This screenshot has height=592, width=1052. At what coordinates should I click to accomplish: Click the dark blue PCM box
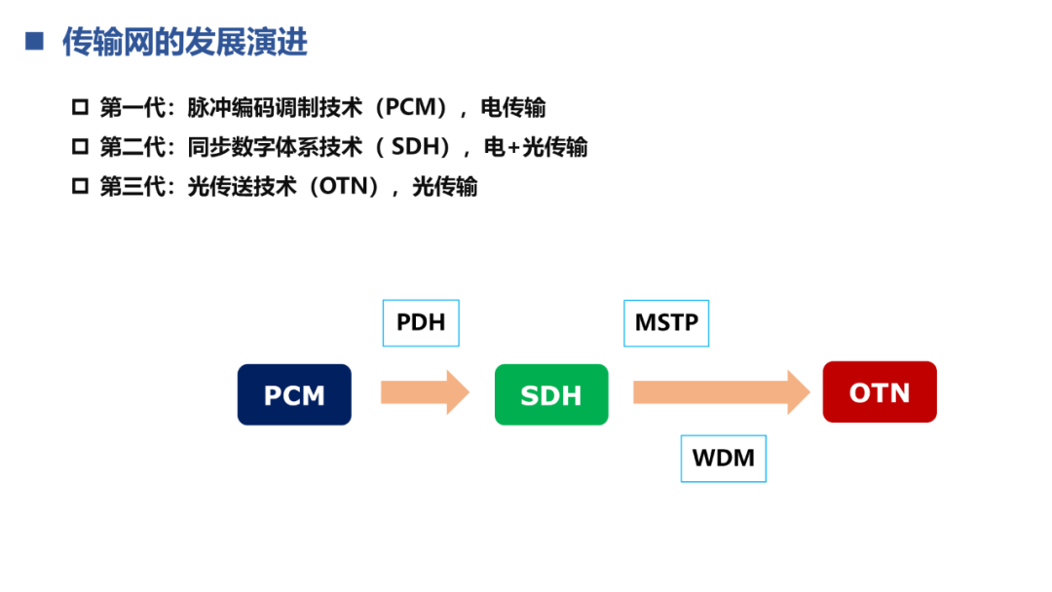coord(294,394)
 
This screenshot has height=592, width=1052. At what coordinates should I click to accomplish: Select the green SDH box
coord(551,394)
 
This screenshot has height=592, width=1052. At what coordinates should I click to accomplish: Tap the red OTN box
coord(880,392)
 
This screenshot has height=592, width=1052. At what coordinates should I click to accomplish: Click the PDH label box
coord(421,322)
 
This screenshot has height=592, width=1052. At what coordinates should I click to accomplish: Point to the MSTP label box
coord(666,322)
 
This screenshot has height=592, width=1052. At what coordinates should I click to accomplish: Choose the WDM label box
coord(723,458)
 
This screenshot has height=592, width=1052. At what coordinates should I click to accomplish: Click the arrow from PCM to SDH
coord(425,392)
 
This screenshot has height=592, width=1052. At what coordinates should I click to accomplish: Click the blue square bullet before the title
coord(35,41)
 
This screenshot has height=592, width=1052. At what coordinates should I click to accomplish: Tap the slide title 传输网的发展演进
coord(185,42)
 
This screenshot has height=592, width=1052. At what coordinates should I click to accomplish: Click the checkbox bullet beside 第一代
coord(80,107)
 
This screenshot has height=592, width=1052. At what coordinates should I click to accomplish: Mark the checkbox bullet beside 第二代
coord(80,147)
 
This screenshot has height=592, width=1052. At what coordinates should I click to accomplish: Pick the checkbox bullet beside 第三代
coord(80,186)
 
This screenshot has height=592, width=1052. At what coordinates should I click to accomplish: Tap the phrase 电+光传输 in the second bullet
coord(536,147)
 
